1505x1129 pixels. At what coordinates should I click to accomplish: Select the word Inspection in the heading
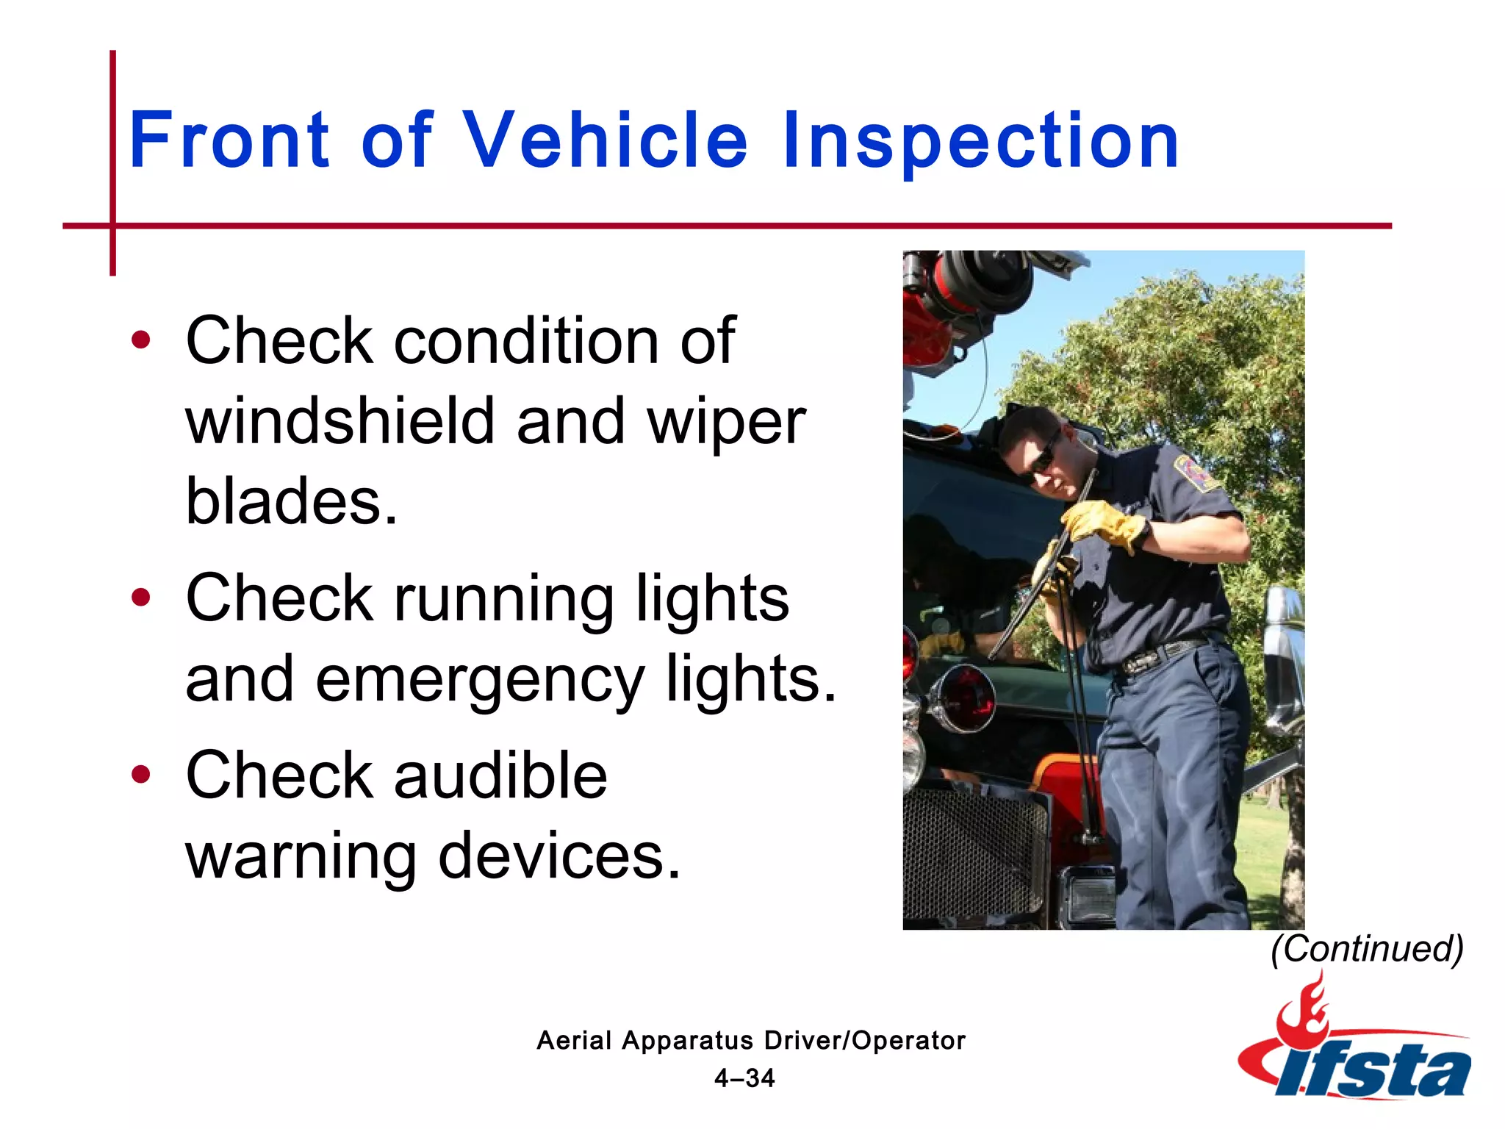pos(980,141)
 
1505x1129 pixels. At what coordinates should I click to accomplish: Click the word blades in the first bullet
pos(290,501)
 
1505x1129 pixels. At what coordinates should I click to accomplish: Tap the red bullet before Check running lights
pos(140,598)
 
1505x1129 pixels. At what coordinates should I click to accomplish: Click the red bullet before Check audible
pos(140,774)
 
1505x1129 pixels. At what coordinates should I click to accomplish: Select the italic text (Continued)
pos(1367,949)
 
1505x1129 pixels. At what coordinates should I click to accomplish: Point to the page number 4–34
pos(744,1078)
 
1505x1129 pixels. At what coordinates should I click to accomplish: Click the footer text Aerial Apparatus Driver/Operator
pos(751,1040)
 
